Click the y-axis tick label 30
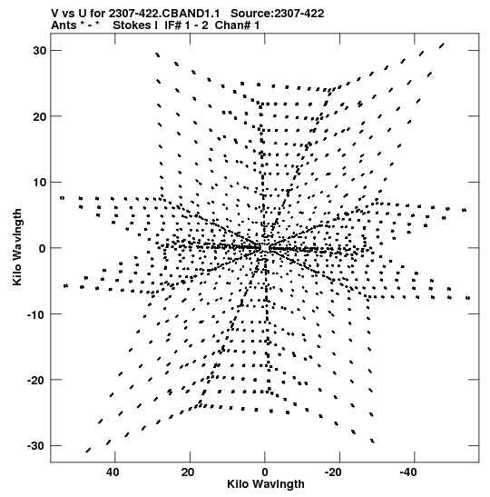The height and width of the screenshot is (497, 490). point(40,51)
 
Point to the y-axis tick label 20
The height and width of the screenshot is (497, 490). point(40,116)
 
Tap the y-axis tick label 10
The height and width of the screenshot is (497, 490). point(40,183)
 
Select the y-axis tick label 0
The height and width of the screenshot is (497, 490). point(43,249)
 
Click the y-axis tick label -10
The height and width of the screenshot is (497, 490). point(36,314)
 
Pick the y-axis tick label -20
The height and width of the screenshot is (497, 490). point(36,380)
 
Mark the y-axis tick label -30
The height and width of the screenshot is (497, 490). point(36,446)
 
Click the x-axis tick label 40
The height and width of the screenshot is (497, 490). point(113,472)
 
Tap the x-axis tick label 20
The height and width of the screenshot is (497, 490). point(188,472)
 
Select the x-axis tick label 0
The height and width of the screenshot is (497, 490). point(265,472)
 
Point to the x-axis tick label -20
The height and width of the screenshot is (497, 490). point(333,472)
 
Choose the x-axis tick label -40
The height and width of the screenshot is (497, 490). point(408,472)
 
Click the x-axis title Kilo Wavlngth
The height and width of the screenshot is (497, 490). point(266,484)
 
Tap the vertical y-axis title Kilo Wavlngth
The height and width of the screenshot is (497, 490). point(17,247)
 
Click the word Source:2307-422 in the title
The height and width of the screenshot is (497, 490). point(278,14)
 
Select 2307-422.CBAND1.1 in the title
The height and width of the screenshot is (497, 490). point(164,14)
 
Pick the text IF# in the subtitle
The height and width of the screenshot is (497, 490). point(172,25)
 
